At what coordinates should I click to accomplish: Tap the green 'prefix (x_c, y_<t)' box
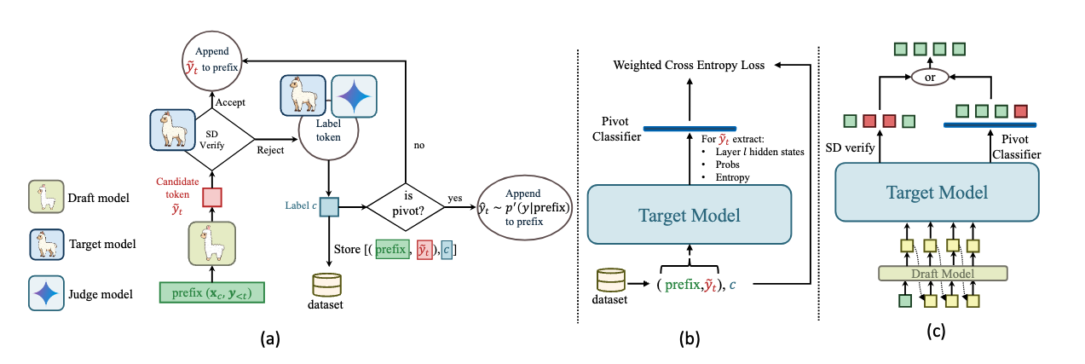click(x=213, y=294)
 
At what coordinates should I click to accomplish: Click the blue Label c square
click(x=327, y=206)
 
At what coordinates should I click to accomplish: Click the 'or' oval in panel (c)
click(x=931, y=77)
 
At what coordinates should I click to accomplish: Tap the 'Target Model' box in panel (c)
click(x=937, y=194)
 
